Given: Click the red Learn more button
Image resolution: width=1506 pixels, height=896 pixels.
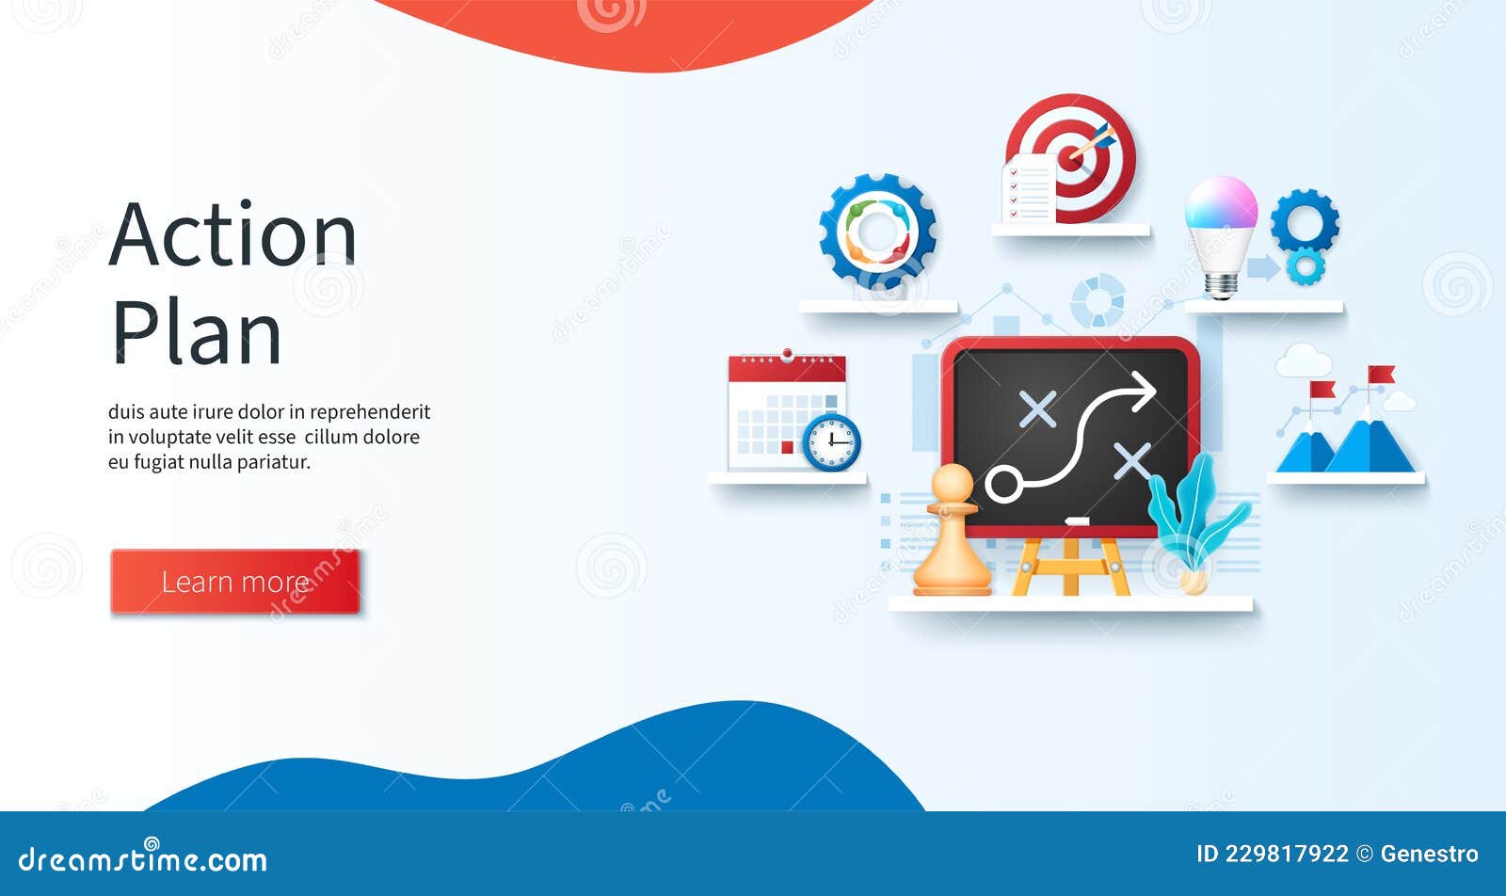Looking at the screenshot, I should coord(235,582).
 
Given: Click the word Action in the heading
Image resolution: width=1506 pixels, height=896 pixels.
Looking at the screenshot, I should coord(232,234).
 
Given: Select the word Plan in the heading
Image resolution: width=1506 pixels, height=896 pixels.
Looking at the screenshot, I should coord(197,333).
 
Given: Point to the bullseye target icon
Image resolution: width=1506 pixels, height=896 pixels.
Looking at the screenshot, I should coord(1073,155).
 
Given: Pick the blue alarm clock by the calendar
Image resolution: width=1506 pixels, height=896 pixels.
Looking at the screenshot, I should coord(832,441).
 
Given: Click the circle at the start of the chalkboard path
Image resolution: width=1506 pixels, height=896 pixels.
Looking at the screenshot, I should coord(1003,484).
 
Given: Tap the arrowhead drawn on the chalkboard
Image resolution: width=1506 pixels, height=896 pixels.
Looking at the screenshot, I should coord(1143,390).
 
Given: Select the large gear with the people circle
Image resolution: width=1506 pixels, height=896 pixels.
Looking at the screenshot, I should coord(877,232).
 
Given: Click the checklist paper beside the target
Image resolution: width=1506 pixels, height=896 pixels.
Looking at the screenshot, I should coord(1028,189).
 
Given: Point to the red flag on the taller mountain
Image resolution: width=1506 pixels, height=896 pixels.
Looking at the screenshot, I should coord(1381,375).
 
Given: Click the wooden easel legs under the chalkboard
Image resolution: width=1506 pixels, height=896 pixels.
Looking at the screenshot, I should coord(1070,567).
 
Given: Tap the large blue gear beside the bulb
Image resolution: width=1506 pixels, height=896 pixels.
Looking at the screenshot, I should coord(1304,220).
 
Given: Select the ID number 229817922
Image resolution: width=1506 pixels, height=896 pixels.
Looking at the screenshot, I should coord(1287,855).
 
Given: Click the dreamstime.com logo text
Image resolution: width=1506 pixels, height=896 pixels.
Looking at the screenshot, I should coord(143,859).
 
